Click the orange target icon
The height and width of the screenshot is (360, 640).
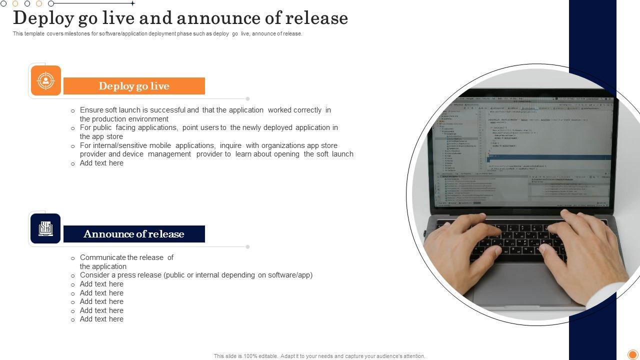pyautogui.click(x=45, y=80)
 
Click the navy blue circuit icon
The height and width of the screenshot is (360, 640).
pyautogui.click(x=45, y=228)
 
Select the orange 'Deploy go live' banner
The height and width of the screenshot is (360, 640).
pyautogui.click(x=134, y=86)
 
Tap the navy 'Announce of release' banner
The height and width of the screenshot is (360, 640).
pyautogui.click(x=134, y=234)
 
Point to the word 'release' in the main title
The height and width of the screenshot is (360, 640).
pyautogui.click(x=316, y=18)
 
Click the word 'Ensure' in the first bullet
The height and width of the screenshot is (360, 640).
pyautogui.click(x=91, y=110)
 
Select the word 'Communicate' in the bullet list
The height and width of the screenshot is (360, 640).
pyautogui.click(x=102, y=257)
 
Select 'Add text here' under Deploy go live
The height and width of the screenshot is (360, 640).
pyautogui.click(x=101, y=163)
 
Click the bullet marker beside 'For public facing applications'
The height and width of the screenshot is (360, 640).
pyautogui.click(x=73, y=128)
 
